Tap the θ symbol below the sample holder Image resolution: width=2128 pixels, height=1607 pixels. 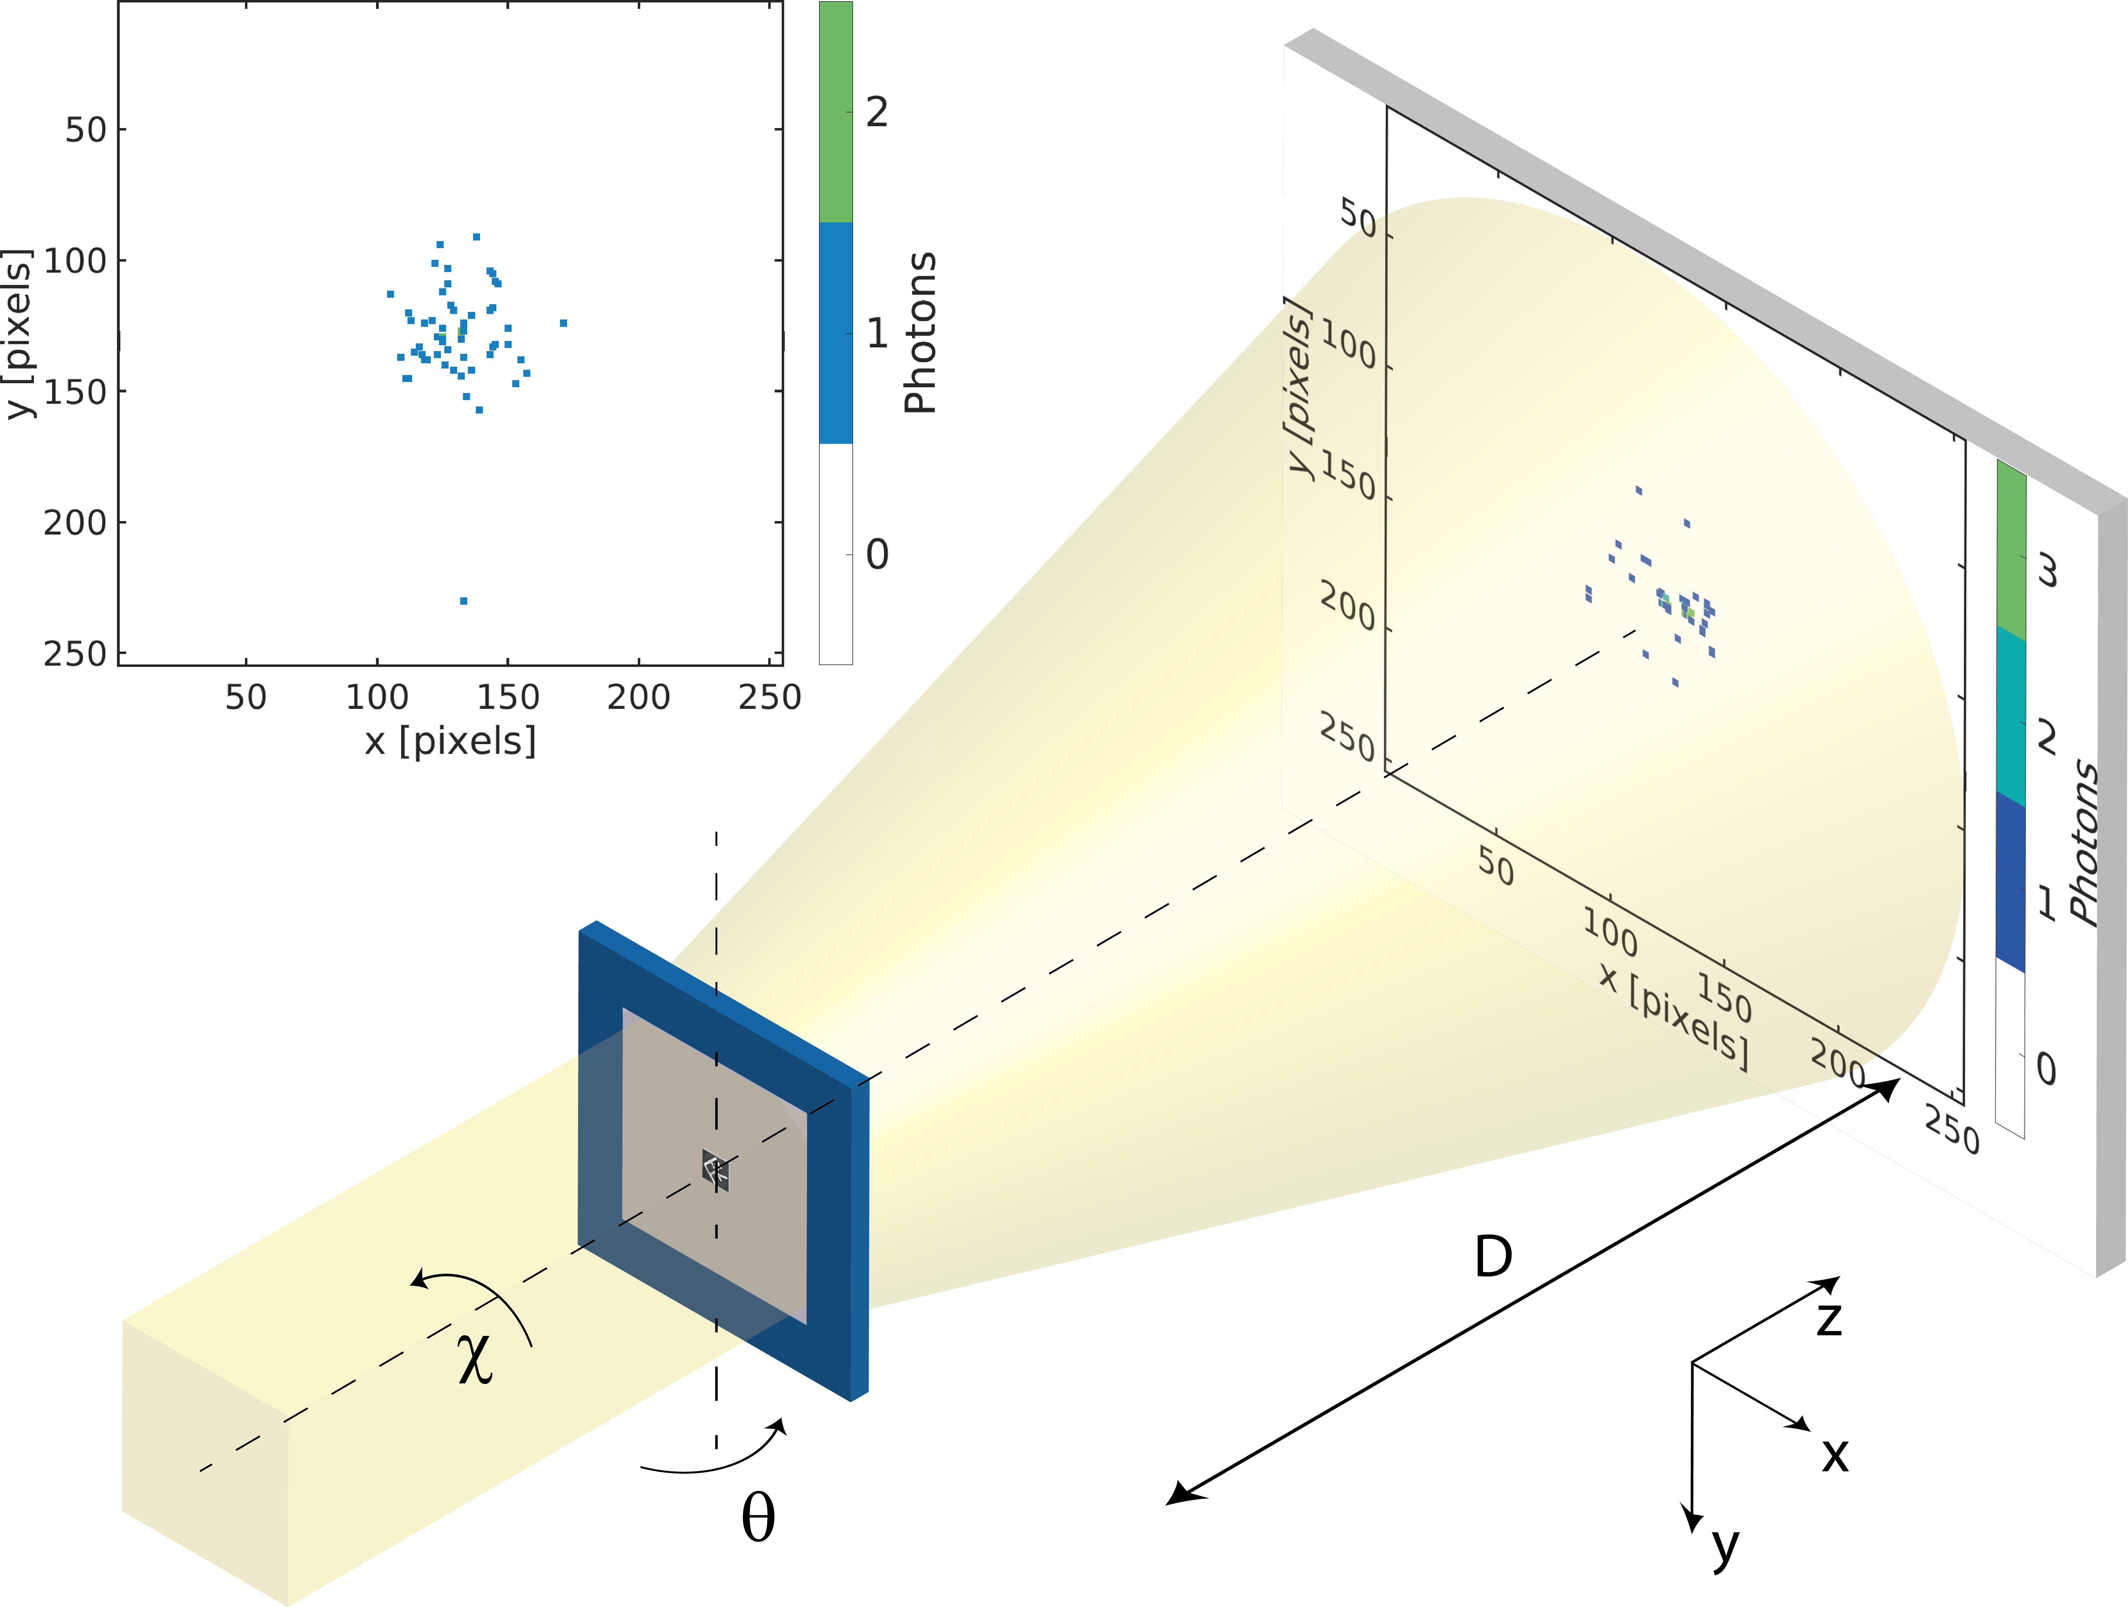pyautogui.click(x=758, y=1518)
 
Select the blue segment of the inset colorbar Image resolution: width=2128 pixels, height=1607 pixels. pyautogui.click(x=835, y=333)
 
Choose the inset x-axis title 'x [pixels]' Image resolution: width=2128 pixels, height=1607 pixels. pyautogui.click(x=450, y=741)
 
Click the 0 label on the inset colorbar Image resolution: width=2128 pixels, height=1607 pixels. pyautogui.click(x=876, y=554)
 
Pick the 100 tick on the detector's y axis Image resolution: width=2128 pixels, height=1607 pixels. pyautogui.click(x=1349, y=346)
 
